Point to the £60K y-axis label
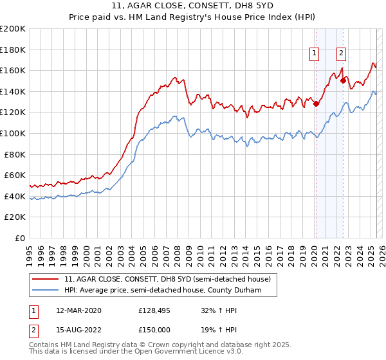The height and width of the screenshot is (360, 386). (x=15, y=175)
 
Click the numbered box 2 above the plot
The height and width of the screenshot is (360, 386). (x=341, y=54)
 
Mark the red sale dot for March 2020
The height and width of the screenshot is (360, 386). (x=316, y=104)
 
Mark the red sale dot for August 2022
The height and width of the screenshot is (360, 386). (x=343, y=81)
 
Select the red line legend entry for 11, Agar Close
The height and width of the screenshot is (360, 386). (x=170, y=279)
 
